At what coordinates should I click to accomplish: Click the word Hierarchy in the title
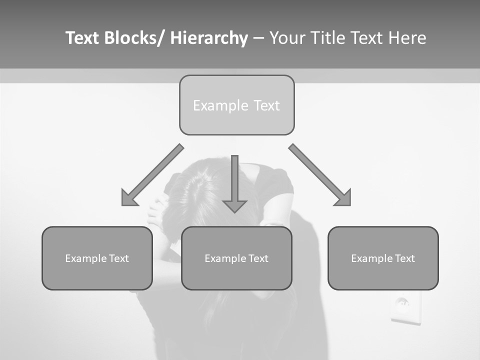click(x=209, y=38)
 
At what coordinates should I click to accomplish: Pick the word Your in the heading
click(x=286, y=38)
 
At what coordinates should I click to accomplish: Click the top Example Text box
click(x=236, y=105)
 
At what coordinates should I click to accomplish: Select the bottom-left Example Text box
click(x=97, y=258)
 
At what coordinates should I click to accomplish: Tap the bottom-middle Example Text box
click(x=236, y=258)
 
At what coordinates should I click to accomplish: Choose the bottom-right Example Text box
click(x=383, y=258)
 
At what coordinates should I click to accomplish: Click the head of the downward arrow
click(x=234, y=205)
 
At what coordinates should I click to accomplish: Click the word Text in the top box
click(x=266, y=105)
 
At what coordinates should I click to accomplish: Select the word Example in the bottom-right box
click(x=369, y=258)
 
